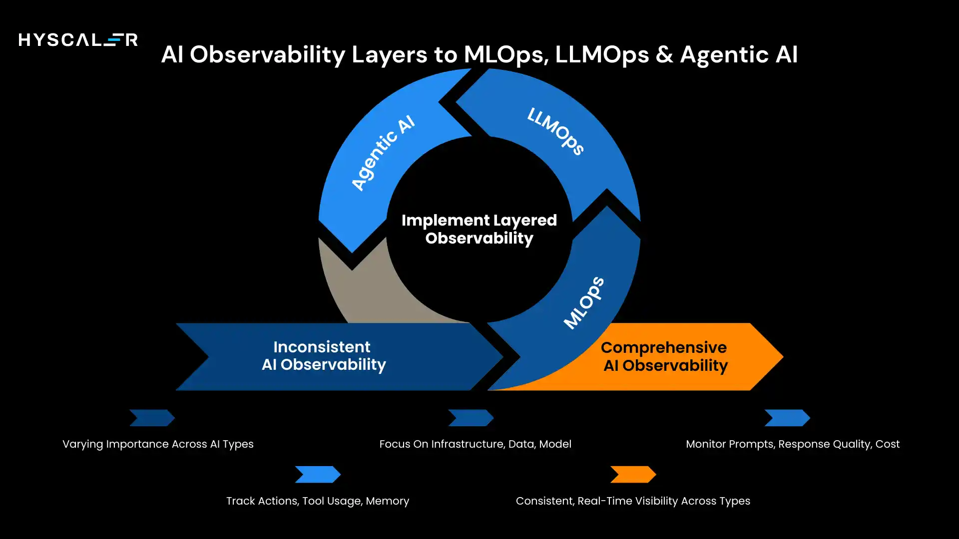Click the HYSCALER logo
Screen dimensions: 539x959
pyautogui.click(x=78, y=39)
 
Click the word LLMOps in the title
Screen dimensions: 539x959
pyautogui.click(x=602, y=54)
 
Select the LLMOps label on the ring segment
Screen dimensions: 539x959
pyautogui.click(x=556, y=131)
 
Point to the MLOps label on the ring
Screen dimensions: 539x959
pyautogui.click(x=584, y=302)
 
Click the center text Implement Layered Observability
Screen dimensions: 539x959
pyautogui.click(x=479, y=229)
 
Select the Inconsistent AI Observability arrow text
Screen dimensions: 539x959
pyautogui.click(x=323, y=356)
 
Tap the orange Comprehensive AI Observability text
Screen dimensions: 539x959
pyautogui.click(x=664, y=356)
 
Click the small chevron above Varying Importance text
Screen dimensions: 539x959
pyautogui.click(x=152, y=418)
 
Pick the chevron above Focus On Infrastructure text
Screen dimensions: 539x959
pyautogui.click(x=471, y=418)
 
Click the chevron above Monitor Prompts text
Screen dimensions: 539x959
pyautogui.click(x=787, y=418)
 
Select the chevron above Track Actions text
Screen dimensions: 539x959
pyautogui.click(x=318, y=475)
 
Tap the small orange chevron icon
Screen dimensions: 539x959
pyautogui.click(x=633, y=475)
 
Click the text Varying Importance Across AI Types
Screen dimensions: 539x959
pyautogui.click(x=158, y=444)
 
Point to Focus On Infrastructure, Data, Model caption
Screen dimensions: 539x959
pyautogui.click(x=475, y=444)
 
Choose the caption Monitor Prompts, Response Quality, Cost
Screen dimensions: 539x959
pyautogui.click(x=793, y=444)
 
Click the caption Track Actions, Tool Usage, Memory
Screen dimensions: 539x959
pyautogui.click(x=318, y=501)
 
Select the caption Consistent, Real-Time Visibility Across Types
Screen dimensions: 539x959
pyautogui.click(x=633, y=501)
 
